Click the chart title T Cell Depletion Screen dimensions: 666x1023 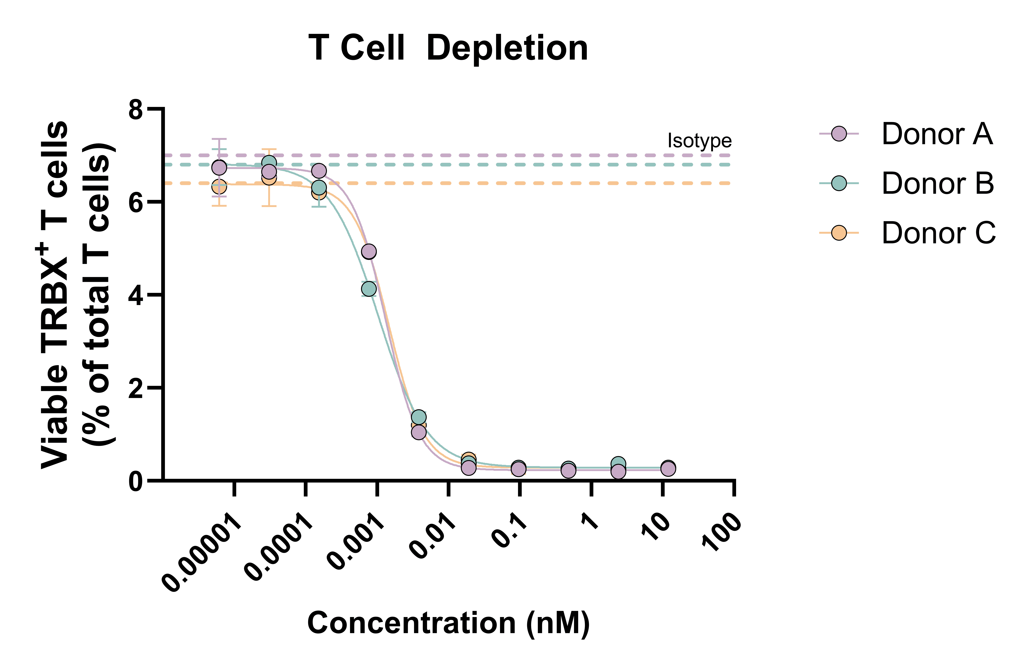point(448,48)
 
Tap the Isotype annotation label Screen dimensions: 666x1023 point(699,141)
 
